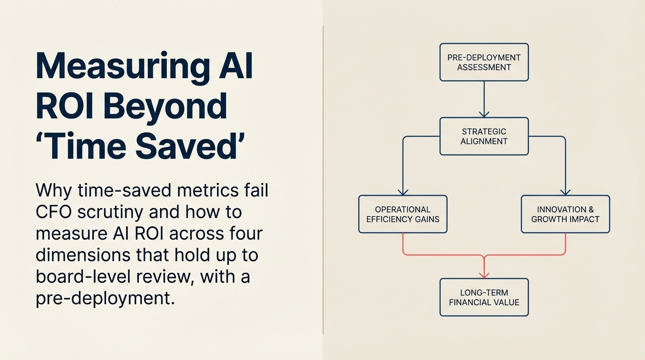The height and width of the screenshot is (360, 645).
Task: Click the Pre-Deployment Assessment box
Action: [x=484, y=62]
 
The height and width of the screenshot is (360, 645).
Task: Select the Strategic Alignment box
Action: [x=484, y=136]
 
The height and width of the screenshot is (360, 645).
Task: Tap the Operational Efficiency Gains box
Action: [x=403, y=214]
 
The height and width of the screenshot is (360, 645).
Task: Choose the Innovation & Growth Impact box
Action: [x=565, y=214]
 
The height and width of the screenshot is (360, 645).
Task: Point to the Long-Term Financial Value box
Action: [x=484, y=297]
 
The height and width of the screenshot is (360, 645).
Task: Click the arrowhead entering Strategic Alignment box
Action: [x=484, y=114]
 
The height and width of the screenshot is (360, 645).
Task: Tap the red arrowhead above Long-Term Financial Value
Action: [x=484, y=275]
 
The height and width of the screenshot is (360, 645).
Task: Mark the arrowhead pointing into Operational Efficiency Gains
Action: [x=403, y=192]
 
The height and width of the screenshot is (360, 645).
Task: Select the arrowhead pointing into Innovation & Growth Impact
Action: [x=565, y=192]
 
